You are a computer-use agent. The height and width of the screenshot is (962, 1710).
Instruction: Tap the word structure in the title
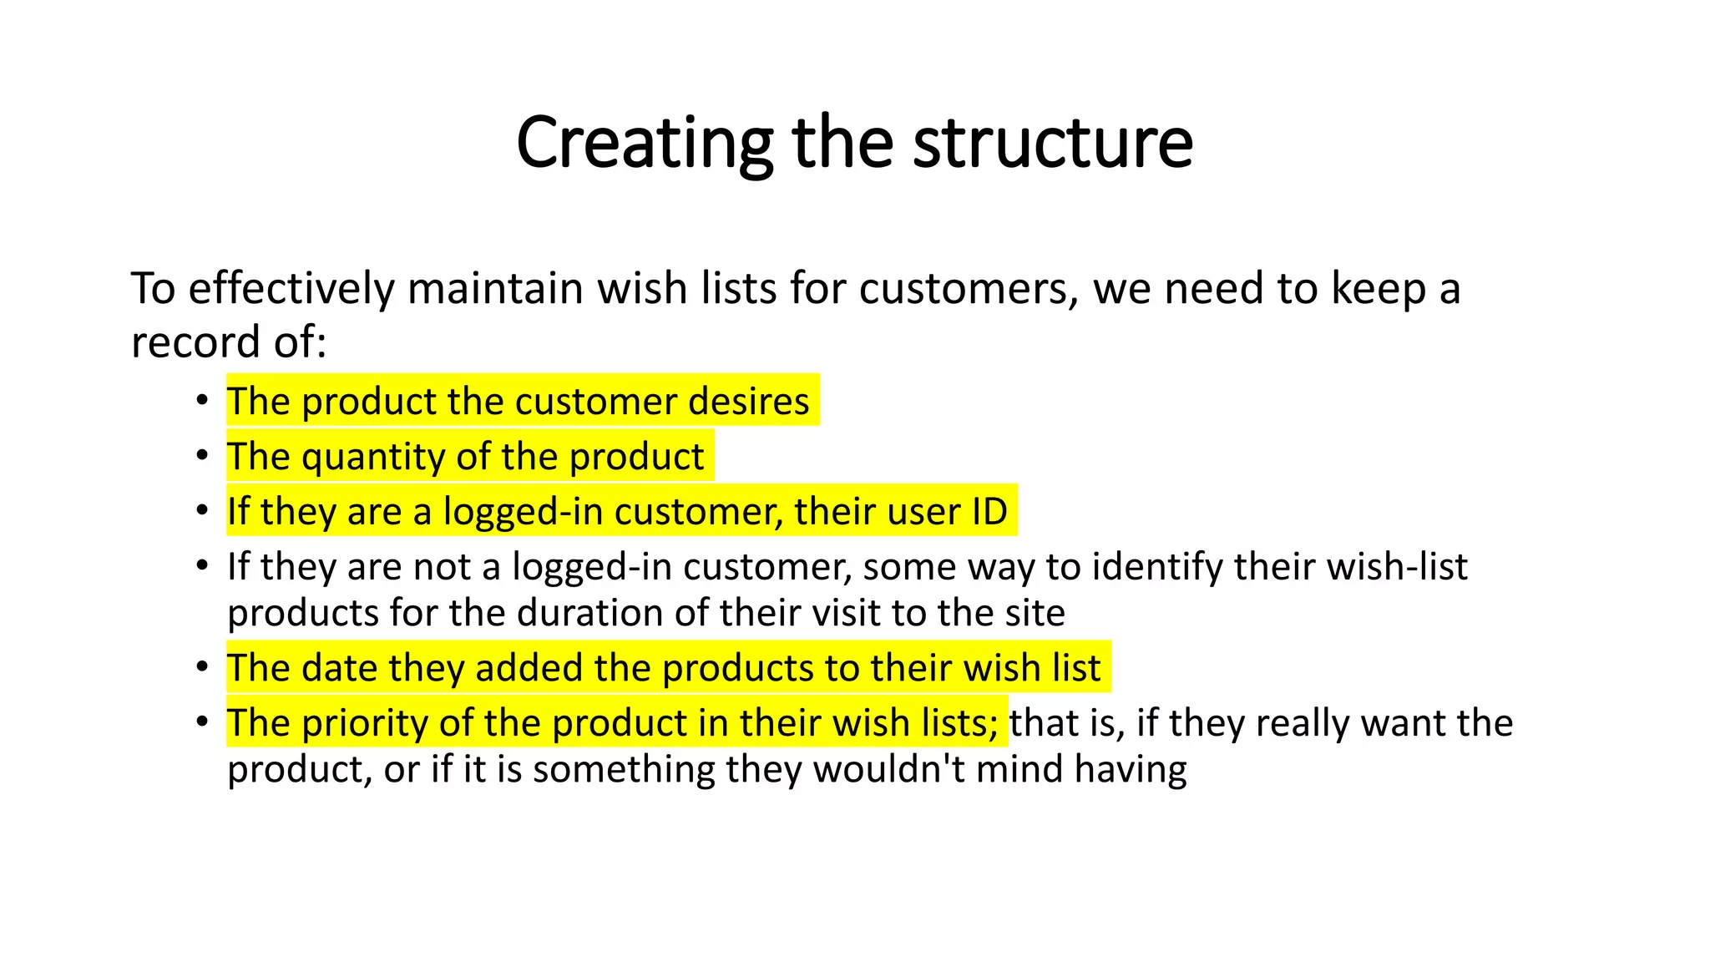[1053, 144]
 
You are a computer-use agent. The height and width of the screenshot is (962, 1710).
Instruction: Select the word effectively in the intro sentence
[291, 289]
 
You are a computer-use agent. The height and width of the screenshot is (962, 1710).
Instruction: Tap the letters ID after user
[989, 512]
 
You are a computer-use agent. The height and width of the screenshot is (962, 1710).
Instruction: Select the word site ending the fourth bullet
[1035, 613]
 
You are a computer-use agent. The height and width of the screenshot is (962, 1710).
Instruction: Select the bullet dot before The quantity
[202, 456]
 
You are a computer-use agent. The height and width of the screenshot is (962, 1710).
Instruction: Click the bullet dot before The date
[202, 667]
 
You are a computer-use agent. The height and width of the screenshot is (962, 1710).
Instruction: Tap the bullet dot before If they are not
[202, 565]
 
